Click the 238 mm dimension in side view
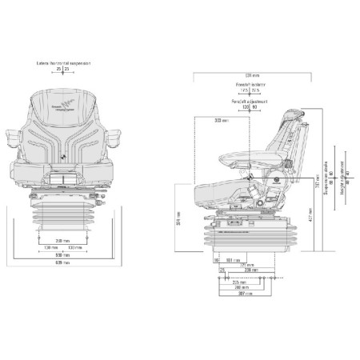coord(253,270)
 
